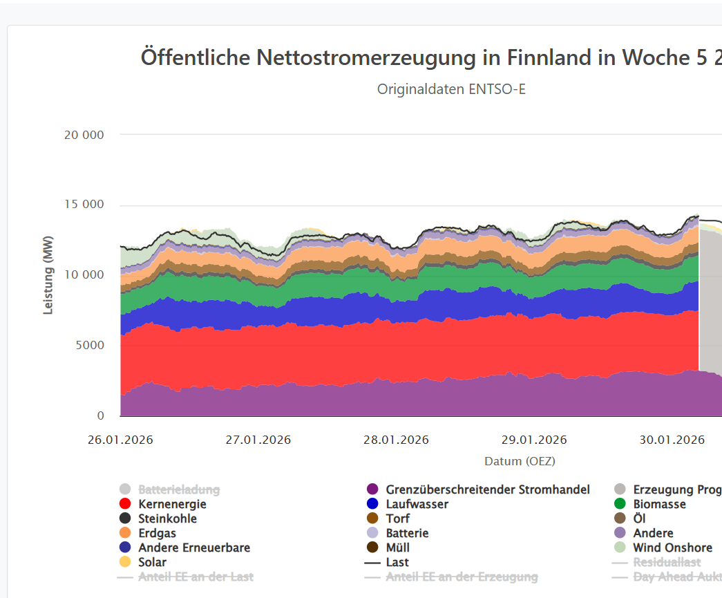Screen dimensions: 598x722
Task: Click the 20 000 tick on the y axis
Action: (84, 135)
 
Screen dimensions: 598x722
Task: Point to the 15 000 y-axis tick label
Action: (84, 205)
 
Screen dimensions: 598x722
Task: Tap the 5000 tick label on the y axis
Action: (90, 345)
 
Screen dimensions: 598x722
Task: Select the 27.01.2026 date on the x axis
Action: (258, 440)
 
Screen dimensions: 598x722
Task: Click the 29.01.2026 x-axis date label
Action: (534, 440)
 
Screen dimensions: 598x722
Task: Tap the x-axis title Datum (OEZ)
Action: (520, 460)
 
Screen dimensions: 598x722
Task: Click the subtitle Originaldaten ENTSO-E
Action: (451, 89)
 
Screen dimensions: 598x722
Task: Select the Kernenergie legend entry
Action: (172, 504)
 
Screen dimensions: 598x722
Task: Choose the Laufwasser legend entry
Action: (417, 504)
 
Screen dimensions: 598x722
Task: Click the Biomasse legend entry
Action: (659, 504)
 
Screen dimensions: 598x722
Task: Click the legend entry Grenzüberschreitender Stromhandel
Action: (488, 489)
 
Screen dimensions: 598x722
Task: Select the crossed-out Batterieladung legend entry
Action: (178, 489)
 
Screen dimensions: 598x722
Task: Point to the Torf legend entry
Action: (397, 518)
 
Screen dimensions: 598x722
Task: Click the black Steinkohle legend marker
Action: (125, 518)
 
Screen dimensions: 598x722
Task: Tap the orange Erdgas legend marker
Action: (125, 533)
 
